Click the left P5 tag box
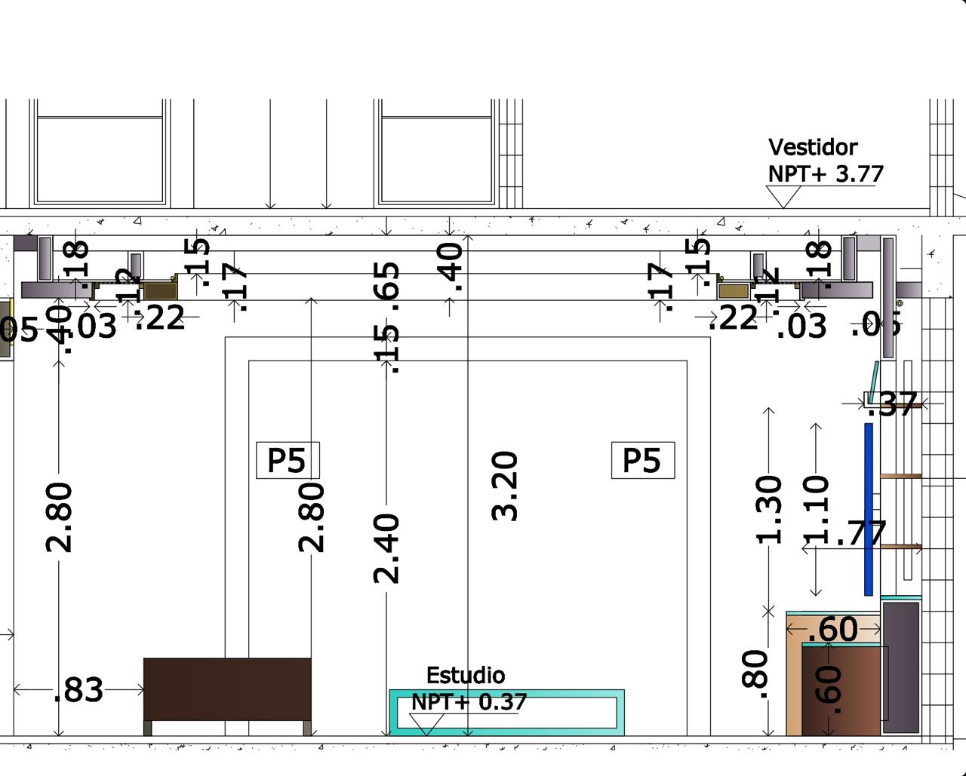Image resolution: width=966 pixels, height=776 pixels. coord(288,460)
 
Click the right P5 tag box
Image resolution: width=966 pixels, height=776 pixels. coord(642,460)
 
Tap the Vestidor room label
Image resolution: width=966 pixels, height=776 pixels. coord(813,147)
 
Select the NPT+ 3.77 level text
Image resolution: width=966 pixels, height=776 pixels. coord(826,173)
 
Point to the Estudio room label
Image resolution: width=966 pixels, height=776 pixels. coord(466,675)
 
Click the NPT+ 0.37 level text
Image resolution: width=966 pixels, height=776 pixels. coord(469,702)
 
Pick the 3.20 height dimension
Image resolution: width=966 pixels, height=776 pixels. coord(505,486)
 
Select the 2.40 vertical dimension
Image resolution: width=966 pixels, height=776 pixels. coord(386,548)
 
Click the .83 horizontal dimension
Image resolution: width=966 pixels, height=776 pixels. coord(78,689)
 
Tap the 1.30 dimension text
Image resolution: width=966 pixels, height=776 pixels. coord(769,510)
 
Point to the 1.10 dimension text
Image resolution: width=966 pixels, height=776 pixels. coord(817,510)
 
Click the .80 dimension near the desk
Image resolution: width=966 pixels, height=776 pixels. coord(755,670)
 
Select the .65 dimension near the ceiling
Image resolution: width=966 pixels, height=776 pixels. coord(386,281)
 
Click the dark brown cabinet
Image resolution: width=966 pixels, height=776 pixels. coord(227,690)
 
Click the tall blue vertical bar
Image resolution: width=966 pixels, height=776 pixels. coord(869,509)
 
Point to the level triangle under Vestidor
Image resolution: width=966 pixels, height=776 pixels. coord(783,197)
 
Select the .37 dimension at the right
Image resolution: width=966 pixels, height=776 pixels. coord(893,405)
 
